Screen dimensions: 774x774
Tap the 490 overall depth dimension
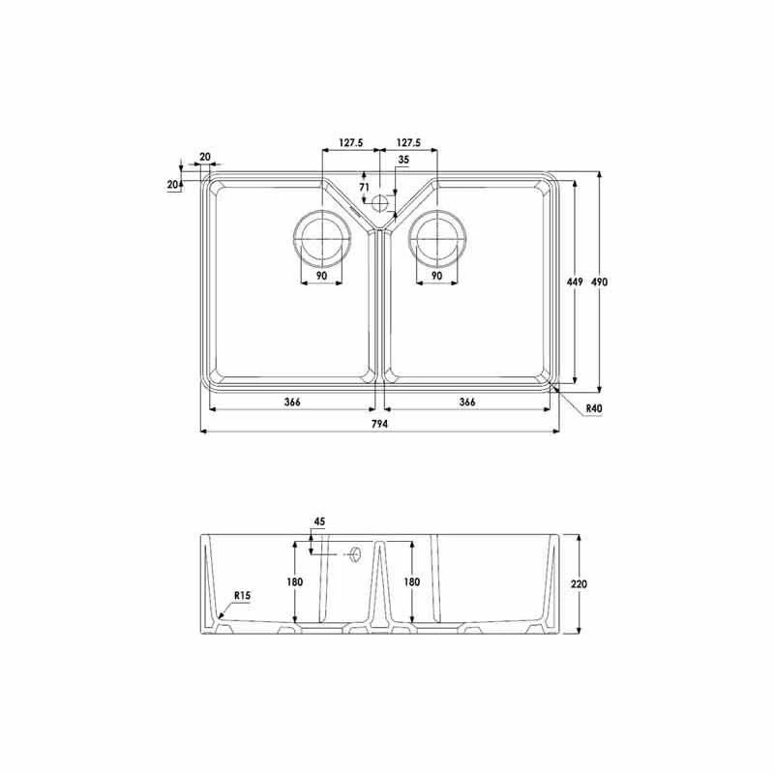click(x=600, y=282)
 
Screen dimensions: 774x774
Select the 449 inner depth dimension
click(x=573, y=282)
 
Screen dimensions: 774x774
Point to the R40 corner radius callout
click(x=594, y=409)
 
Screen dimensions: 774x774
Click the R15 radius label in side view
click(x=241, y=596)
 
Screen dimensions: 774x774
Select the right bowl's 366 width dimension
click(x=467, y=402)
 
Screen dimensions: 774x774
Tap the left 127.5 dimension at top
click(x=350, y=143)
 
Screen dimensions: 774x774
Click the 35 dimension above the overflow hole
click(x=403, y=159)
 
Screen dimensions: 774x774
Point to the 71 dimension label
click(x=365, y=186)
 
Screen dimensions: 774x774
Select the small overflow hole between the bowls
click(x=379, y=203)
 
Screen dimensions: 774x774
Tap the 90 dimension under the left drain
click(x=320, y=277)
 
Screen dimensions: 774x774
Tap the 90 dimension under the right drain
click(x=437, y=277)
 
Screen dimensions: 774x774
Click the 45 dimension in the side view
click(x=319, y=522)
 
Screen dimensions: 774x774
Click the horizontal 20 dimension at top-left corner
click(x=205, y=156)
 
